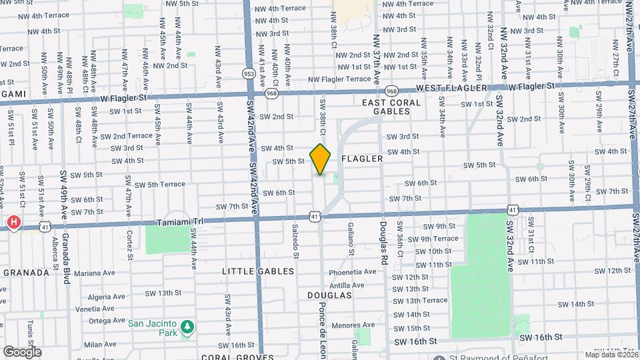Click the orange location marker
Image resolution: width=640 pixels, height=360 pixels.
321,159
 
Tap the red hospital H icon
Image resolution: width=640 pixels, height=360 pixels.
13,223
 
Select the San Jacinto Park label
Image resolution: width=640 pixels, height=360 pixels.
153,325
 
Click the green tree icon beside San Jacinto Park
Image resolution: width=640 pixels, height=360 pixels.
189,325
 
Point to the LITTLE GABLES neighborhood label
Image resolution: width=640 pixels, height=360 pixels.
258,271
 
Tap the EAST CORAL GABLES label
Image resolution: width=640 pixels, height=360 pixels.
391,107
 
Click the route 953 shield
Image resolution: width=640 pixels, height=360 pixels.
249,73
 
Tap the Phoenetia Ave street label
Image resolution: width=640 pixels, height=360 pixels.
352,272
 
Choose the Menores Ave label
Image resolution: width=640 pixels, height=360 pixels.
353,326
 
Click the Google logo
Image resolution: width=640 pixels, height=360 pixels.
22,351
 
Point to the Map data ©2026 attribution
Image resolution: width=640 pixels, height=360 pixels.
610,355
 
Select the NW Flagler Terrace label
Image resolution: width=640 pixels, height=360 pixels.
339,79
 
